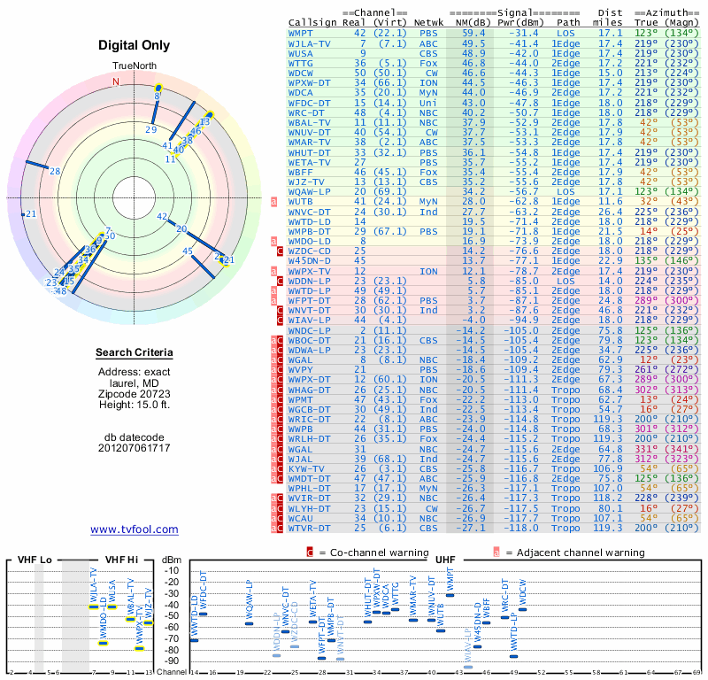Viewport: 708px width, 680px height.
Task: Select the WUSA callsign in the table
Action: click(x=303, y=52)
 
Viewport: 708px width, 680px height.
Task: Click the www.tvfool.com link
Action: click(x=134, y=529)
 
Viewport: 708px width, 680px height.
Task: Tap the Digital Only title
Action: click(x=134, y=45)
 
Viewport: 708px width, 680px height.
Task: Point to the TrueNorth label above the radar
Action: click(x=134, y=66)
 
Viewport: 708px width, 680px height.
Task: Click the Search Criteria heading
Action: click(x=134, y=353)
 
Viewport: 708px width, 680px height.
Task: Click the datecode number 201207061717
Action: click(x=134, y=448)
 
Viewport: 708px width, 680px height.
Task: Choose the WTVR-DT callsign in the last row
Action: click(x=309, y=528)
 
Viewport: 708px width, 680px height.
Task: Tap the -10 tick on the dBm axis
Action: click(x=171, y=570)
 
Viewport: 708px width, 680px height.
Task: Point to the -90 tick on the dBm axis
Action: click(x=171, y=661)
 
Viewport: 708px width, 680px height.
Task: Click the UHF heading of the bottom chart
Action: click(x=446, y=560)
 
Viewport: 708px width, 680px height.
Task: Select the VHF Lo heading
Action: click(x=35, y=560)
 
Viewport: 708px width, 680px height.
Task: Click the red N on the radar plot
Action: click(x=115, y=82)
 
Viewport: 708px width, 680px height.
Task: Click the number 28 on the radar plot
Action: click(x=55, y=171)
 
